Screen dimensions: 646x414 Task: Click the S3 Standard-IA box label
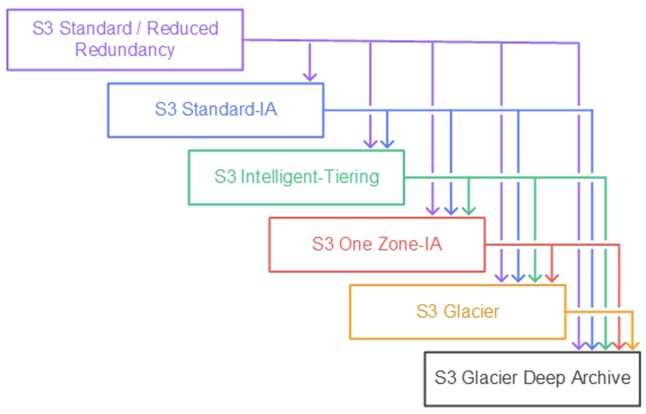[x=216, y=110]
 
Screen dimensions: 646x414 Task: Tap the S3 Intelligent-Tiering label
[x=297, y=177]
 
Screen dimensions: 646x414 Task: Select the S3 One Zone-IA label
[x=377, y=244]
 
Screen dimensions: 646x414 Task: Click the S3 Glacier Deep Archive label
[x=533, y=378]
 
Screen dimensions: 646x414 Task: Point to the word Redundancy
[x=125, y=50]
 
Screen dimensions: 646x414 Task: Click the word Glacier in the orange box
[x=471, y=311]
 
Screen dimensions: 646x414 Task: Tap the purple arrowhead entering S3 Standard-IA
[x=310, y=77]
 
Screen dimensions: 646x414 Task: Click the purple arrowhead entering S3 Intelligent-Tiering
[x=370, y=144]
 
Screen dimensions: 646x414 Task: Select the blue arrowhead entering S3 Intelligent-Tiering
[x=387, y=144]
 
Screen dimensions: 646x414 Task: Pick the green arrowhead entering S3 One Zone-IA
[x=469, y=210]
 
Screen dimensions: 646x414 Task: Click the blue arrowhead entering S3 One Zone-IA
[x=451, y=210]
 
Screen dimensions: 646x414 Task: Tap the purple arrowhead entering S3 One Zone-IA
[x=433, y=210]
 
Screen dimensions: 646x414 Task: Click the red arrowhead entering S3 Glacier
[x=552, y=277]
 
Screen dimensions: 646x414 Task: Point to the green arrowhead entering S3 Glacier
[x=534, y=277]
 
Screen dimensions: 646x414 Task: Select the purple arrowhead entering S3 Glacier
[x=501, y=277]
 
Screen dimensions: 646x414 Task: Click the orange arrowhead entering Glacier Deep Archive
[x=633, y=345]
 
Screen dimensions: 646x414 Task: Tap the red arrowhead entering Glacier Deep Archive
[x=619, y=345]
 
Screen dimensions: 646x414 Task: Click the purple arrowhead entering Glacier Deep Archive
[x=579, y=345]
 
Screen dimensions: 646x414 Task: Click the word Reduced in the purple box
[x=183, y=28]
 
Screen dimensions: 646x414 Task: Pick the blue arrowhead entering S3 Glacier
[x=518, y=277]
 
